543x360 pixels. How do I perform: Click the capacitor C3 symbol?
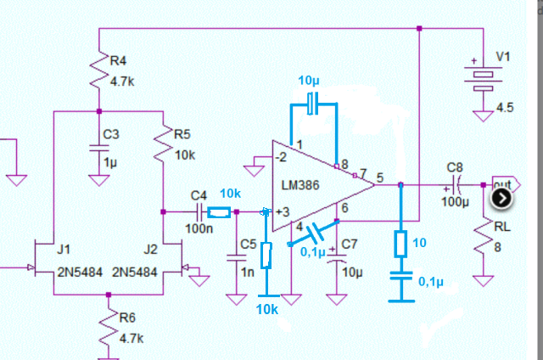pos(99,148)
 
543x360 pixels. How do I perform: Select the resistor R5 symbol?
pos(162,145)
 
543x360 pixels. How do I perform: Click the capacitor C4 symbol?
pos(200,211)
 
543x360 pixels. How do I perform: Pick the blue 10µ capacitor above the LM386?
pos(313,104)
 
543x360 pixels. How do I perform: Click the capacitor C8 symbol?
pos(455,184)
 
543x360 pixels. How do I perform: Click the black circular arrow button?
pos(501,198)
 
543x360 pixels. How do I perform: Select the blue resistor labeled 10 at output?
pos(400,244)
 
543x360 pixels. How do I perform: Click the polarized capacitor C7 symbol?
pos(337,256)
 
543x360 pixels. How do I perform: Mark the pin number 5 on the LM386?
pos(379,177)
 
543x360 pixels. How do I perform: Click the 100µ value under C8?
pos(455,203)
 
